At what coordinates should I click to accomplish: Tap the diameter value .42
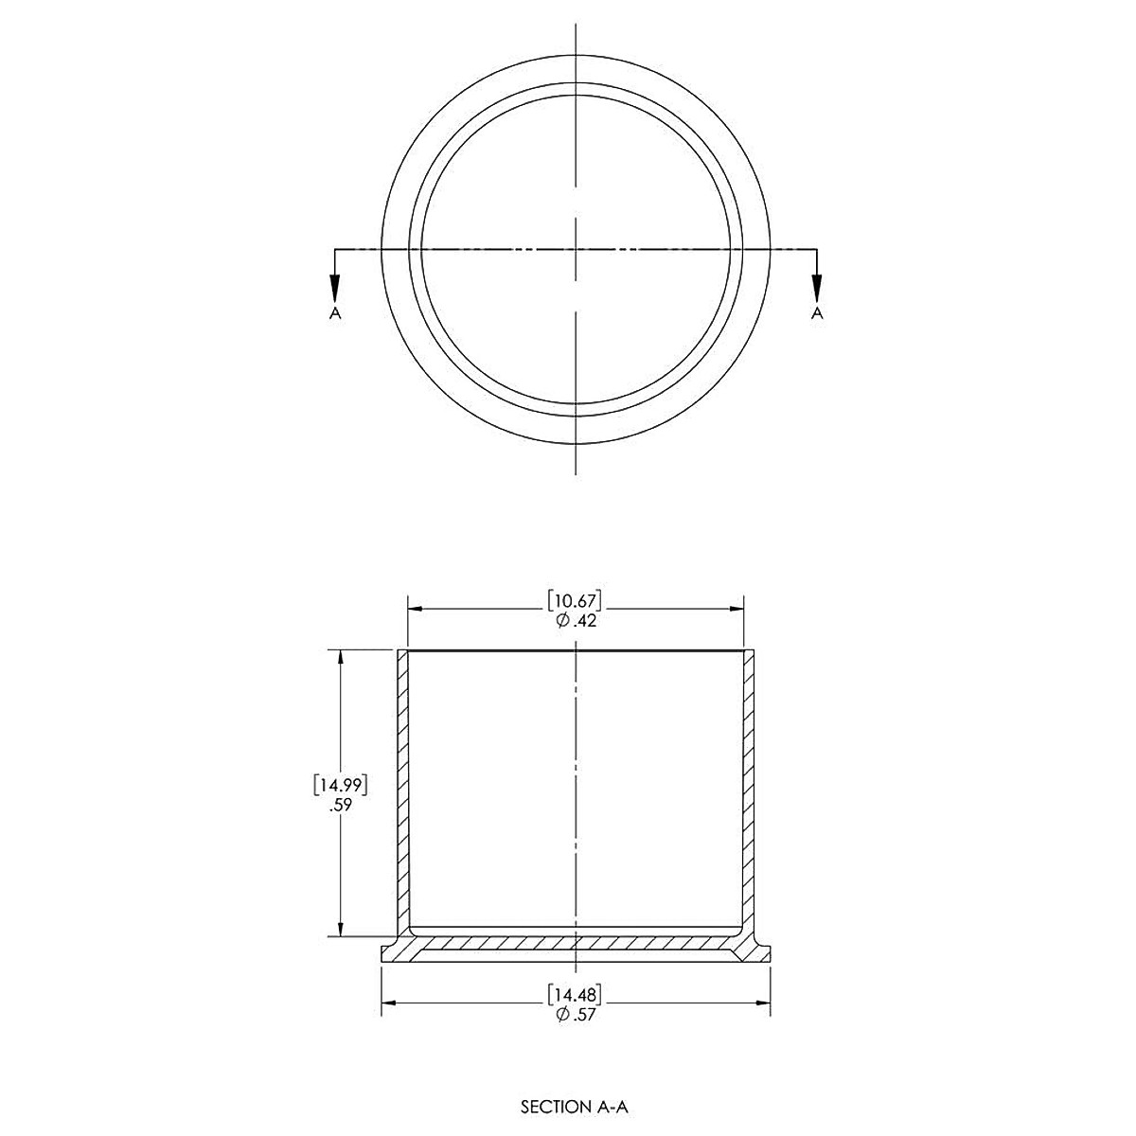[x=581, y=621]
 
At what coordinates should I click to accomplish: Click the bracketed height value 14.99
[x=338, y=785]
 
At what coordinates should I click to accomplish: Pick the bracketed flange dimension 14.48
[x=575, y=994]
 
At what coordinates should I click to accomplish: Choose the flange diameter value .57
[x=581, y=1014]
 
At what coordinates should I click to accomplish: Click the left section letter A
[x=334, y=312]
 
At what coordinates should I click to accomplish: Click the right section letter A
[x=818, y=312]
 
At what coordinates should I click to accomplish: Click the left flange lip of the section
[x=390, y=952]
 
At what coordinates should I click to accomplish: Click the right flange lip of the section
[x=761, y=952]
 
